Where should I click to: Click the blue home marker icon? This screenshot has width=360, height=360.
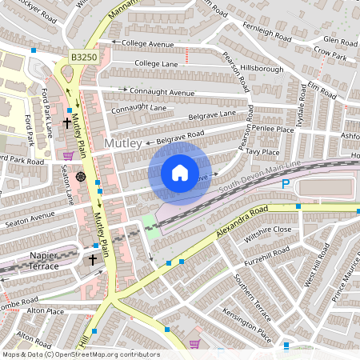[180, 172]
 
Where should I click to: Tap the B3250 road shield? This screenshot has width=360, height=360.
[82, 58]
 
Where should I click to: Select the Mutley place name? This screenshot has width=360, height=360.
[123, 143]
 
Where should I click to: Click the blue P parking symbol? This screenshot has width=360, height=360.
[286, 185]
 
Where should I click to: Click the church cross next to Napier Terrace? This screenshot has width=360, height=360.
[92, 260]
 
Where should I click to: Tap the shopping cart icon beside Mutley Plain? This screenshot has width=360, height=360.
[69, 155]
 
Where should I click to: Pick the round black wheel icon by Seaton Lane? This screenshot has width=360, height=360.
[81, 176]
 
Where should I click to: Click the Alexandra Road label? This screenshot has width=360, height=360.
[243, 223]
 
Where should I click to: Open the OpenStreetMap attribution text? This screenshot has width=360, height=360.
[80, 354]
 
